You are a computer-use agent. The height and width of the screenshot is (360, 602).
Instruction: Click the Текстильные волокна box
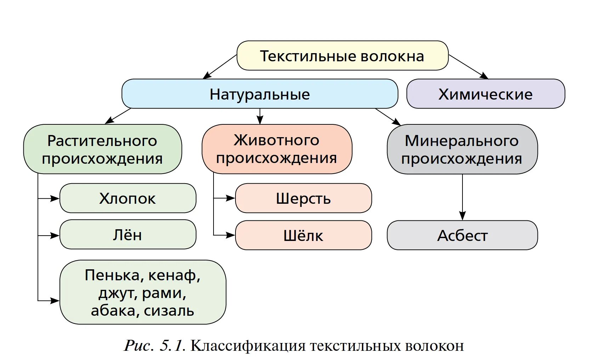tap(342, 56)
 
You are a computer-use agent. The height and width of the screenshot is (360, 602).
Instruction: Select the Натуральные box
tap(260, 94)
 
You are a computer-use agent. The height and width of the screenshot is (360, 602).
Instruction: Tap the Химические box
tap(485, 94)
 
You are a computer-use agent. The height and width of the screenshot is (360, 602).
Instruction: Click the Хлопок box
tap(127, 198)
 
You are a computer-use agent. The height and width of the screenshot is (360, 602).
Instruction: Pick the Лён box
tap(127, 235)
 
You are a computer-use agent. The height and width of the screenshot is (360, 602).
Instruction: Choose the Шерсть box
tap(303, 198)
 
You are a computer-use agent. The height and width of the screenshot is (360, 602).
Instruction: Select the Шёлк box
tap(303, 236)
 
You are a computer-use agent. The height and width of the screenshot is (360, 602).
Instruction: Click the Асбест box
tap(462, 236)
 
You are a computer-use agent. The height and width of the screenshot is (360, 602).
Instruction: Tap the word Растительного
tap(102, 141)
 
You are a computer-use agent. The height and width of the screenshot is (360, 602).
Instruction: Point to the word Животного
tap(276, 140)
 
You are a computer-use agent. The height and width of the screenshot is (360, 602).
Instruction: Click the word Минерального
tap(461, 141)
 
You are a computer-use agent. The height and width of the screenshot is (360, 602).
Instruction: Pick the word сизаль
tap(169, 311)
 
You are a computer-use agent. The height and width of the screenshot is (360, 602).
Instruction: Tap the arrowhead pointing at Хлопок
tap(55, 198)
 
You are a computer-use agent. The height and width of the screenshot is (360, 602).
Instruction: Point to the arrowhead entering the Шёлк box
tap(231, 235)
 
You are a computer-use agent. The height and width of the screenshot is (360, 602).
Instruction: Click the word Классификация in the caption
tap(248, 346)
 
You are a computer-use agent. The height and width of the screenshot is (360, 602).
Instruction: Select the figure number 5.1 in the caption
tap(172, 346)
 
